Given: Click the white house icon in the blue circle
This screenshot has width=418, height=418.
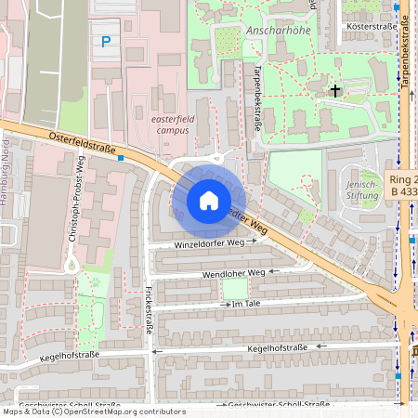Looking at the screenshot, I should (209, 200).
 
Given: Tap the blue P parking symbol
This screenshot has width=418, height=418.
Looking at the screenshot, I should (106, 41).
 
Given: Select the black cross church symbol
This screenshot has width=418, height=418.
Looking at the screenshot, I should (334, 90).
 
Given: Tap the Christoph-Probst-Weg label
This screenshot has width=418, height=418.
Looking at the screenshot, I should (77, 199).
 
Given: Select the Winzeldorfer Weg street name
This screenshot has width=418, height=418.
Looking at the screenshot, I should (209, 242).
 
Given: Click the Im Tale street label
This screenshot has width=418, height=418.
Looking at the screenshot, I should (248, 304).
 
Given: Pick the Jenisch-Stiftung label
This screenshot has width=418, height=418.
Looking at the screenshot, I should (362, 189).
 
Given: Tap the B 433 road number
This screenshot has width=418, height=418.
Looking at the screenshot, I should (402, 190).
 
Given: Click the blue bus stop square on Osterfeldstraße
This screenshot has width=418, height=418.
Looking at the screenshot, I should (121, 158).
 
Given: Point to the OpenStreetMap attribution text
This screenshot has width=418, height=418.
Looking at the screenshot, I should (93, 411).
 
